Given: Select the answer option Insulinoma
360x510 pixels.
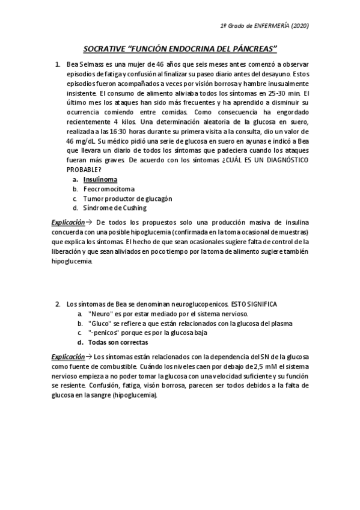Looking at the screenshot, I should click(x=100, y=179).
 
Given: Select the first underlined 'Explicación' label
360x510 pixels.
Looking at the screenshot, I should click(x=68, y=223).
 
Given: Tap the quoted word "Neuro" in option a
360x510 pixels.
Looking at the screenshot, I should click(x=99, y=314).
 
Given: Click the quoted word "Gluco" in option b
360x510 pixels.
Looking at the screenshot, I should click(x=99, y=323).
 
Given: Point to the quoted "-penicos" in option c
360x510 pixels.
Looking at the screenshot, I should click(x=103, y=333).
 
